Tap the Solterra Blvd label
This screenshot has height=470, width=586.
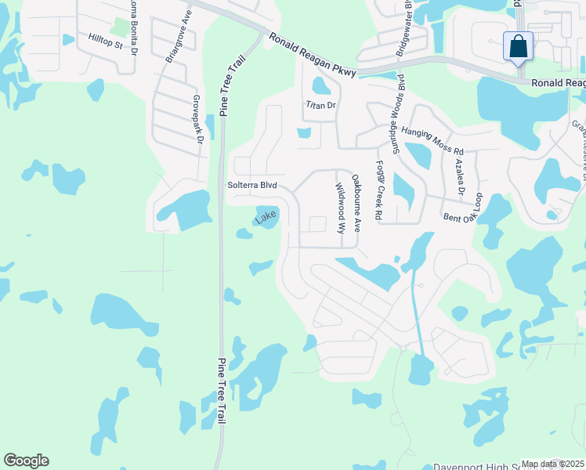click(251, 186)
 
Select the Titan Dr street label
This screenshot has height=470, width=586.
click(320, 104)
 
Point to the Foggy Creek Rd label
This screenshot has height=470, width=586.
click(378, 190)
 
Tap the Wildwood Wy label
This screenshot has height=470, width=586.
click(340, 209)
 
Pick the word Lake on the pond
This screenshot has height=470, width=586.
click(266, 215)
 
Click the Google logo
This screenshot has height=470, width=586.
click(26, 461)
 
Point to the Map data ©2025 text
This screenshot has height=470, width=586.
click(552, 464)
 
